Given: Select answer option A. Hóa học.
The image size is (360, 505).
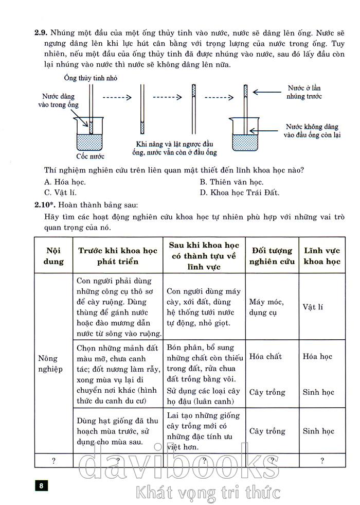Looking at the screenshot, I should pyautogui.click(x=65, y=182).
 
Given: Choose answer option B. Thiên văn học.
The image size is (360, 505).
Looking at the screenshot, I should pyautogui.click(x=231, y=182).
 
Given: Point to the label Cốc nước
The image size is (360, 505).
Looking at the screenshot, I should pyautogui.click(x=90, y=156).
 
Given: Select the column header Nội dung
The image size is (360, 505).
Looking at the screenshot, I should pyautogui.click(x=53, y=256).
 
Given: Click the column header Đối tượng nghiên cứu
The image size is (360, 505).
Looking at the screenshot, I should pyautogui.click(x=272, y=256).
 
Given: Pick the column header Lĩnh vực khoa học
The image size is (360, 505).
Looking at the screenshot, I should pyautogui.click(x=322, y=256).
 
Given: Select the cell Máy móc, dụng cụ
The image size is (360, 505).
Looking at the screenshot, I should pyautogui.click(x=266, y=307).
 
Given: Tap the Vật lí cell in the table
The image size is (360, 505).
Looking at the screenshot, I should pyautogui.click(x=313, y=307).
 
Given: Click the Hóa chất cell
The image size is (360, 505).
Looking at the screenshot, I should pyautogui.click(x=265, y=356).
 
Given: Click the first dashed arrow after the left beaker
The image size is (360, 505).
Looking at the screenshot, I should pyautogui.click(x=118, y=96).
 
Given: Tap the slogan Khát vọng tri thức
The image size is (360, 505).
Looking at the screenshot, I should pyautogui.click(x=208, y=493).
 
